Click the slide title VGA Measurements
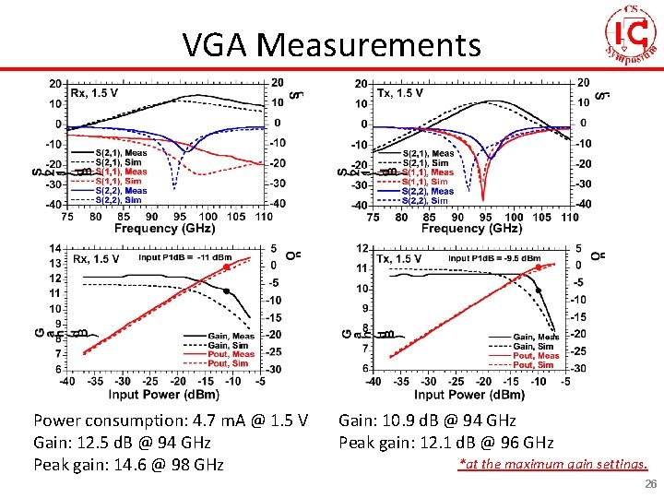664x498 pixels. [x=331, y=43]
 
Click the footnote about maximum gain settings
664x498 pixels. [x=552, y=464]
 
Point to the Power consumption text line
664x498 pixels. [x=170, y=421]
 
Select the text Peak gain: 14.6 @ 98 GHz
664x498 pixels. [x=128, y=464]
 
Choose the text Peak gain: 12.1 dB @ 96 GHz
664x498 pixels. [x=446, y=443]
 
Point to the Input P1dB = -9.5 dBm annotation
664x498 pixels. [x=494, y=258]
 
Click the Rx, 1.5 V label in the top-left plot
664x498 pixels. [x=96, y=92]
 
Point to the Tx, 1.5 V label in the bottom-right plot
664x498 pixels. [x=399, y=259]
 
